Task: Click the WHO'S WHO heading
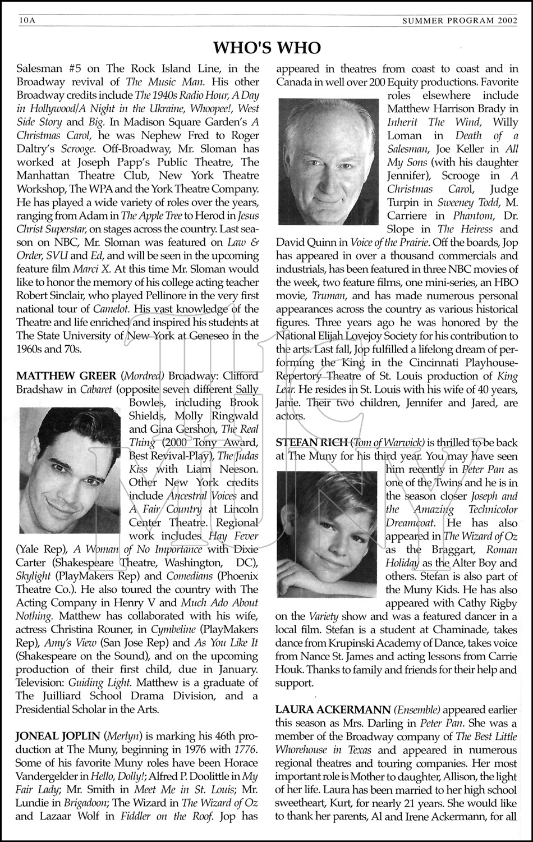[266, 47]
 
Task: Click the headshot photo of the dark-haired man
[69, 470]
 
